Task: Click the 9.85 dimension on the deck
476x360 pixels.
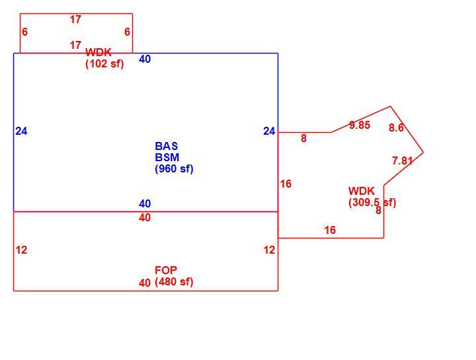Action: point(360,125)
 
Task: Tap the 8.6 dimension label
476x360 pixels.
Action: point(396,127)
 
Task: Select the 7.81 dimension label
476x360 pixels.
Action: point(402,161)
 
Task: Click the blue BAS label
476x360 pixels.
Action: point(167,146)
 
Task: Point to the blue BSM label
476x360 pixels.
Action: point(167,157)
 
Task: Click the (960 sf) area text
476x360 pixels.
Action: point(174,168)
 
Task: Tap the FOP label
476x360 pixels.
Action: point(166,270)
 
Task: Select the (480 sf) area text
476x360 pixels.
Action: point(174,282)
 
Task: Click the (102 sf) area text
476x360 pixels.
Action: point(104,64)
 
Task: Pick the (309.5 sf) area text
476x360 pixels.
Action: point(372,202)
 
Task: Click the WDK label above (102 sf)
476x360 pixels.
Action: point(99,52)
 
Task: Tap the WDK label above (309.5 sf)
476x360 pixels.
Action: point(362,191)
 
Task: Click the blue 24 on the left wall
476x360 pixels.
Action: point(22,131)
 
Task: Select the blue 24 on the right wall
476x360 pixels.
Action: point(269,131)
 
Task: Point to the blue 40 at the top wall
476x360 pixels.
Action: point(145,59)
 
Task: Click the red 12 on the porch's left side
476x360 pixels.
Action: point(22,250)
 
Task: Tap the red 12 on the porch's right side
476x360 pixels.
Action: point(269,250)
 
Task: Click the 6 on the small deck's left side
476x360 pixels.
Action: point(25,32)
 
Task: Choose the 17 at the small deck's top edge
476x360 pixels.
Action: point(75,19)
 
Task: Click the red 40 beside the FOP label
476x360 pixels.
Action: point(145,283)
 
